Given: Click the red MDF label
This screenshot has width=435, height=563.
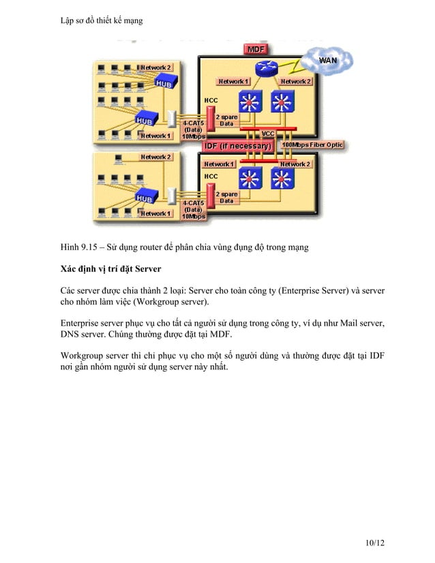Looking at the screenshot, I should (256, 50).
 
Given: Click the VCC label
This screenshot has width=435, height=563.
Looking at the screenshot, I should (268, 134).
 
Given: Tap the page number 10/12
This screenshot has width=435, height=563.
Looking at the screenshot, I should (374, 543).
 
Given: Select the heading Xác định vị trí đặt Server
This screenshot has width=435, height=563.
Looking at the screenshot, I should (110, 269).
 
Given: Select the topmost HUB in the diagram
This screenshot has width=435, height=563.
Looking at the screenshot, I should (164, 82).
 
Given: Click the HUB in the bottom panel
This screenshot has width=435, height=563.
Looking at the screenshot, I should (145, 198).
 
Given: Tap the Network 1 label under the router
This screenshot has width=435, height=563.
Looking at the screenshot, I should (233, 82).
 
